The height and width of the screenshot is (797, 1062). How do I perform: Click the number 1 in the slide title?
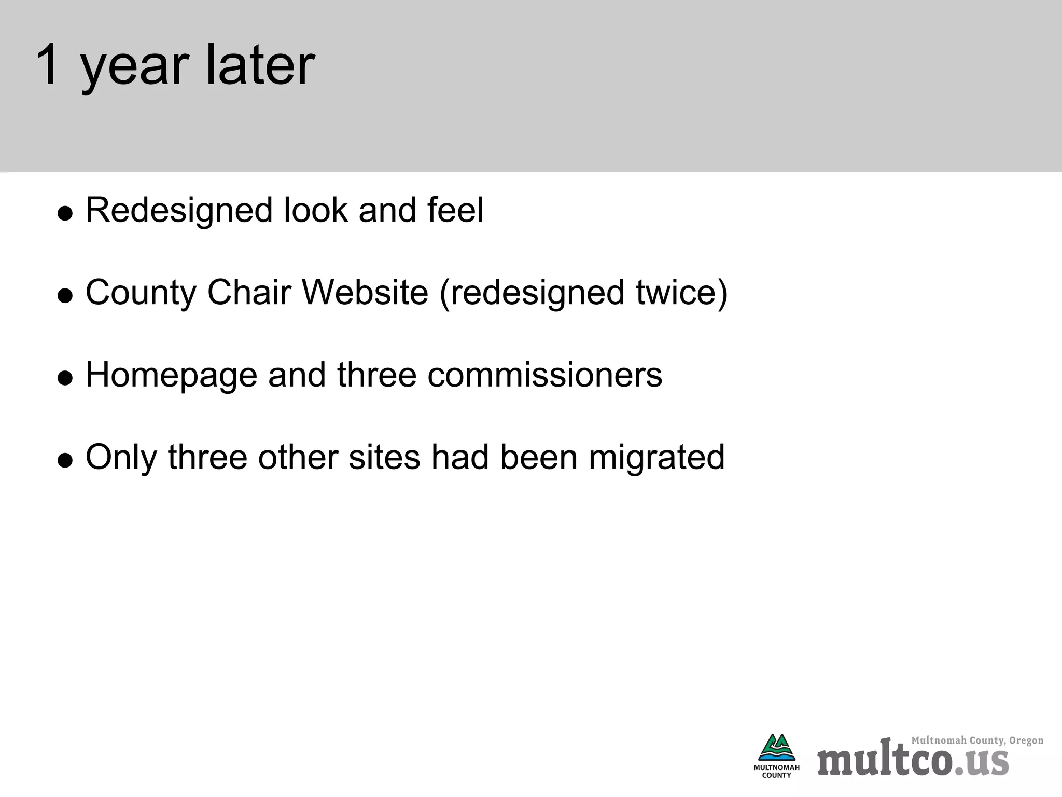pyautogui.click(x=48, y=65)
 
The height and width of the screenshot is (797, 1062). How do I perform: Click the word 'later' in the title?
pyautogui.click(x=260, y=65)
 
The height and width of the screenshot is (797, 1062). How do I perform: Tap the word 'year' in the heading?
pyautogui.click(x=134, y=70)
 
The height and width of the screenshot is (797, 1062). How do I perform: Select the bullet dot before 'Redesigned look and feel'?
pyautogui.click(x=65, y=213)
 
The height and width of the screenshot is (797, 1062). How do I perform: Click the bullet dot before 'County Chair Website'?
pyautogui.click(x=65, y=296)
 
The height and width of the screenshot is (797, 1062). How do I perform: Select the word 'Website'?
pyautogui.click(x=365, y=292)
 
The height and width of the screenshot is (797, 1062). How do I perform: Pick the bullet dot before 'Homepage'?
pyautogui.click(x=65, y=378)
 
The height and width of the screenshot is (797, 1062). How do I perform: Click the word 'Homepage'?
pyautogui.click(x=171, y=375)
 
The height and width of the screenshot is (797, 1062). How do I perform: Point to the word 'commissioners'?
pyautogui.click(x=544, y=375)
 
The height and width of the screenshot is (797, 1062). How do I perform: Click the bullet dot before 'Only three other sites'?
pyautogui.click(x=65, y=460)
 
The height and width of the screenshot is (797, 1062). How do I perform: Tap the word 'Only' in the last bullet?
pyautogui.click(x=121, y=458)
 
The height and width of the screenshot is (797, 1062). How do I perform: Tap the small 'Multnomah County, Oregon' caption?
pyautogui.click(x=977, y=740)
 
